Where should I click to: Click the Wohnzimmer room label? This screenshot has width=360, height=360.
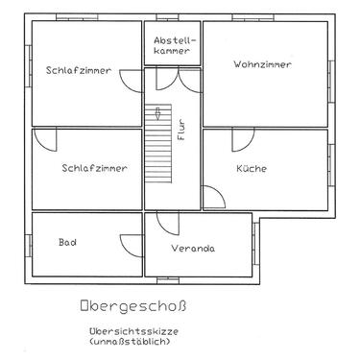pos(262,64)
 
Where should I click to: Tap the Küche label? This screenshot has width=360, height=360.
pos(252,168)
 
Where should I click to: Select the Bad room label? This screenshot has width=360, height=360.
pos(67,243)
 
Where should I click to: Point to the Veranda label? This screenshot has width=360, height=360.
pos(193,249)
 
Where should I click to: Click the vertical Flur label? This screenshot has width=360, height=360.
pos(180,130)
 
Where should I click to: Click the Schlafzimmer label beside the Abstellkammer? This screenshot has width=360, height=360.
pos(78,70)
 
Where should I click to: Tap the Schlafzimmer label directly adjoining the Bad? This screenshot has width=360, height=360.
pos(94,168)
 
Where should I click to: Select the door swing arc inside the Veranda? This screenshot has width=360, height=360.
pos(167,224)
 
